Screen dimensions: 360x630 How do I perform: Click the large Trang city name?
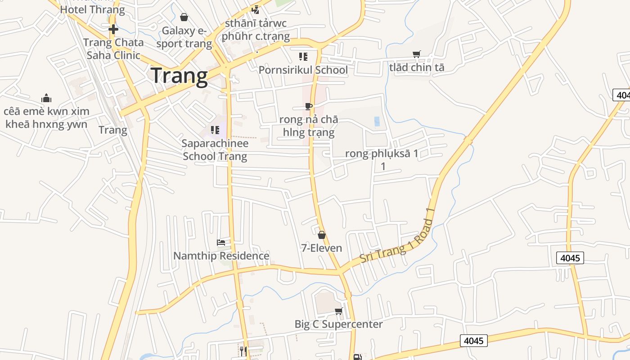179,76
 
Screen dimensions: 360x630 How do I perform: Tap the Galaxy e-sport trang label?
184,37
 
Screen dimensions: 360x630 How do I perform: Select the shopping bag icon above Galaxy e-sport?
184,18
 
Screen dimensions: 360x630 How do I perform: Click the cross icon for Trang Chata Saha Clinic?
113,30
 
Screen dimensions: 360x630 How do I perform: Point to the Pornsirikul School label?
303,70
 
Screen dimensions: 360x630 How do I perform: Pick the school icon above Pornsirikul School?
303,57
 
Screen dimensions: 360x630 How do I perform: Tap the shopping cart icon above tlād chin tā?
417,54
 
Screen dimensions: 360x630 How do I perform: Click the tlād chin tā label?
417,67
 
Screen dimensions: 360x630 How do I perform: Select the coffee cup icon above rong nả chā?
308,107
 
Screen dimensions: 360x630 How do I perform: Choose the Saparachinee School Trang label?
215,150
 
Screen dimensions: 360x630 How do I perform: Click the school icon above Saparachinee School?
215,130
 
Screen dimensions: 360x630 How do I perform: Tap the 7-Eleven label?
321,248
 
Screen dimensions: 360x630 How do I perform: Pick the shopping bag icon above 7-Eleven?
322,235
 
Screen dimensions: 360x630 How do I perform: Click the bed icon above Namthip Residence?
221,243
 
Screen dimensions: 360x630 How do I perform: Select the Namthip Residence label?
221,256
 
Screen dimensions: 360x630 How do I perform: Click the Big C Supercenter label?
338,324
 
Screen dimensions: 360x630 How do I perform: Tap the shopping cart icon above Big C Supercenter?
339,311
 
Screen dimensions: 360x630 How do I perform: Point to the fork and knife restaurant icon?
243,351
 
